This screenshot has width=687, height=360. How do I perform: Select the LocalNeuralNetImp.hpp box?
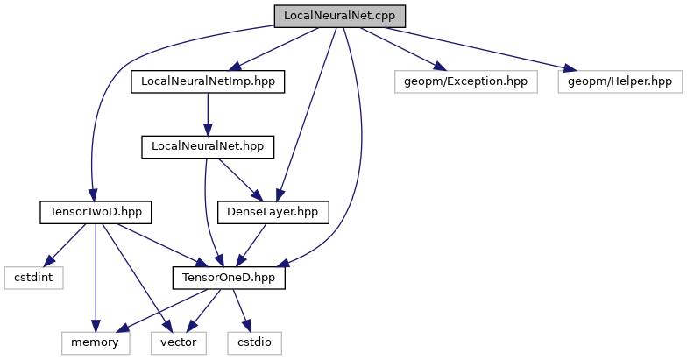pyautogui.click(x=208, y=81)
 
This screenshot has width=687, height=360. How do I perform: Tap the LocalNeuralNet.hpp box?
pyautogui.click(x=208, y=146)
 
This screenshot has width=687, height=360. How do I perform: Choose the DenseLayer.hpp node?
pyautogui.click(x=273, y=211)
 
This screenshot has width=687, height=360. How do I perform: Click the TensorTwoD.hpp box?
pyautogui.click(x=96, y=211)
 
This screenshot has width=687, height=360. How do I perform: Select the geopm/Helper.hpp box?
pyautogui.click(x=619, y=81)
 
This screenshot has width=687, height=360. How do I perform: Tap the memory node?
pyautogui.click(x=95, y=341)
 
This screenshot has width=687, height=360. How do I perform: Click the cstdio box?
pyautogui.click(x=255, y=341)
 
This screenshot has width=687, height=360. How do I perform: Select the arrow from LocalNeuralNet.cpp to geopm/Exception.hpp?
pyautogui.click(x=399, y=49)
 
